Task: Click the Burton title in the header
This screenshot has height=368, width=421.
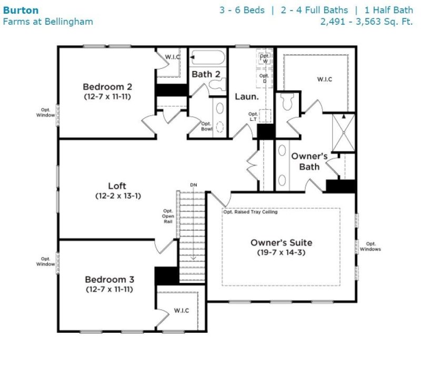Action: click(x=21, y=10)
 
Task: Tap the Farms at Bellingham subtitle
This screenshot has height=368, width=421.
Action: click(x=48, y=22)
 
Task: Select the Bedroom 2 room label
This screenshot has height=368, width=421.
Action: click(x=107, y=87)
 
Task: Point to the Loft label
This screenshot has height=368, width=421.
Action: click(x=117, y=186)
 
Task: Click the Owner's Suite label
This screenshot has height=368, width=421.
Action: click(x=281, y=243)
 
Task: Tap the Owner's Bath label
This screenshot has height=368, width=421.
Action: click(x=309, y=161)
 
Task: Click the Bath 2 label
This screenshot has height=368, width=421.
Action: click(x=206, y=74)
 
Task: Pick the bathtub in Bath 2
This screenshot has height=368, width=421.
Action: click(x=208, y=57)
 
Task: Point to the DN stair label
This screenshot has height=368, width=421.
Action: click(x=194, y=186)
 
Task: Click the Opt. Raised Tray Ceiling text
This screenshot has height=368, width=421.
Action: click(x=250, y=212)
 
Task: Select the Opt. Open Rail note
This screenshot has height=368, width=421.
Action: click(x=168, y=216)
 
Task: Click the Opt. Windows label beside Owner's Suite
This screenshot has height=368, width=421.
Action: click(x=371, y=247)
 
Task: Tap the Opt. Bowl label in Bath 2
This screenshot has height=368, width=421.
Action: click(x=206, y=127)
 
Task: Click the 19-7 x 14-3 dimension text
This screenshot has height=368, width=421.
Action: click(x=281, y=252)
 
